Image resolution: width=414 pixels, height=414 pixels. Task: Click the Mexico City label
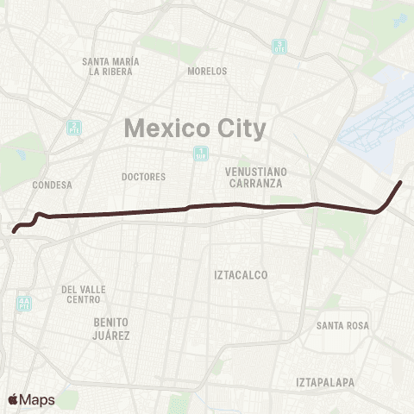coord(195,129)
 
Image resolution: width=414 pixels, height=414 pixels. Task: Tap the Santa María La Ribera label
coord(110,66)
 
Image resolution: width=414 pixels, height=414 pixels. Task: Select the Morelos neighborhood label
coord(207,71)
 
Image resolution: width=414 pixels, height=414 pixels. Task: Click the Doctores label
coord(143,177)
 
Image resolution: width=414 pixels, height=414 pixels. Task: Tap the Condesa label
coord(52,185)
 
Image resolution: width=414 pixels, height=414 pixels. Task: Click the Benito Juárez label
coord(111,328)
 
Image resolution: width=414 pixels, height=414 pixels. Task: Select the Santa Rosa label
coord(342,325)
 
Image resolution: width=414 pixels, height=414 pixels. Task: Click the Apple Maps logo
coord(31,399)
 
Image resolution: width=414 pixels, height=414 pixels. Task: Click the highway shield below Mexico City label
coord(199,154)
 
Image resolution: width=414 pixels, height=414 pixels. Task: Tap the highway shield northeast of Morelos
coord(278,46)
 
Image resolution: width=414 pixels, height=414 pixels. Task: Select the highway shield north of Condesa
coord(74,128)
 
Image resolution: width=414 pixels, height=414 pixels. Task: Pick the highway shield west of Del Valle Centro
coord(22,303)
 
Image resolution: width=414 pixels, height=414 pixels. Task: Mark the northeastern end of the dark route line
coord(400,183)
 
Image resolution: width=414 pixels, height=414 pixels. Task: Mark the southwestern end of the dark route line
coord(14,230)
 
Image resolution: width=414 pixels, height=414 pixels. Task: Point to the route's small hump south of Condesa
coord(39,214)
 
